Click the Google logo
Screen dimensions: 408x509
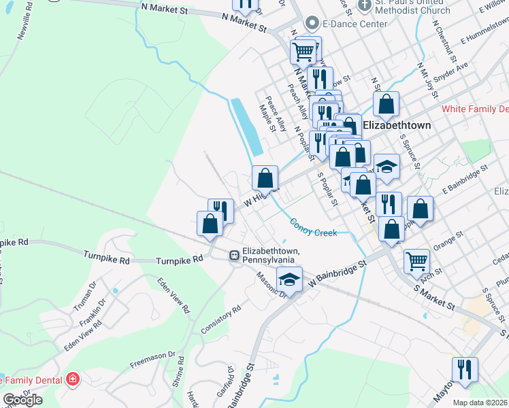[x=22, y=400]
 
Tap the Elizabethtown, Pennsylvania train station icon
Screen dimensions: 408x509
[x=233, y=255]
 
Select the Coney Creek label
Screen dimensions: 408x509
[x=314, y=228]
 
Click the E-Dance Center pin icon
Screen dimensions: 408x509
[x=312, y=23]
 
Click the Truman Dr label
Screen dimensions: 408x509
[x=86, y=297]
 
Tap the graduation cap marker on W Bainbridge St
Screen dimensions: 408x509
[x=289, y=279]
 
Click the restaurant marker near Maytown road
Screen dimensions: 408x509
[x=465, y=369]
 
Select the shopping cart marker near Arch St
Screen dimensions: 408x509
[x=416, y=260]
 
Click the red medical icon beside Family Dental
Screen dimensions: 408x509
[x=73, y=379]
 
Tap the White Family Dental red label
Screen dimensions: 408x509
[x=475, y=109]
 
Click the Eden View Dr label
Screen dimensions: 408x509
[x=172, y=293]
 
